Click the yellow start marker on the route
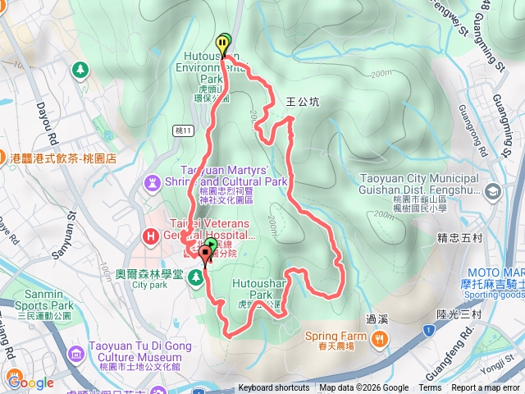pyautogui.click(x=223, y=43)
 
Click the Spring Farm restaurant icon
pyautogui.click(x=378, y=337)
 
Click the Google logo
pyautogui.click(x=30, y=382)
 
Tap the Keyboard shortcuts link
pyautogui.click(x=274, y=388)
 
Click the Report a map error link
pyautogui.click(x=485, y=388)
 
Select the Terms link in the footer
pyautogui.click(x=430, y=388)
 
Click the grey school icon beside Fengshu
pyautogui.click(x=492, y=192)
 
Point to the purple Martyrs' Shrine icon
pyautogui.click(x=154, y=181)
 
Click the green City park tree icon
pyautogui.click(x=195, y=278)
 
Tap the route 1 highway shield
pyautogui.click(x=427, y=330)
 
